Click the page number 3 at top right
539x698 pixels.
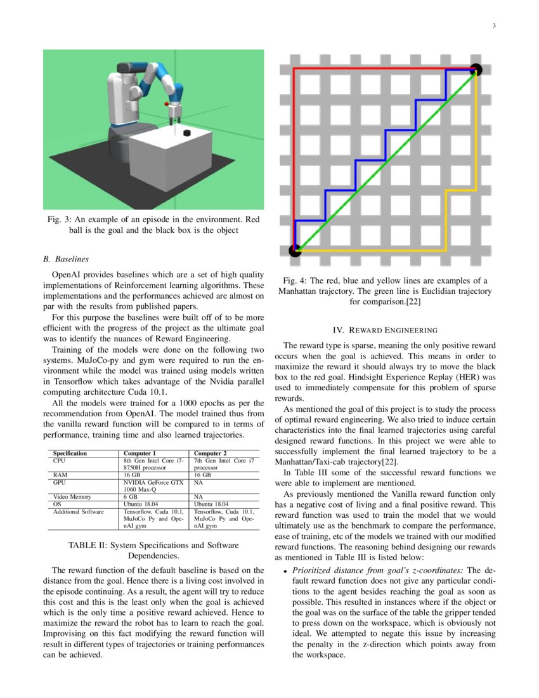(x=493, y=25)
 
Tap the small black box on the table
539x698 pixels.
(x=187, y=133)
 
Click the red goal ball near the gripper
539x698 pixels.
(x=166, y=103)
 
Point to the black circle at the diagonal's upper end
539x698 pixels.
(x=476, y=70)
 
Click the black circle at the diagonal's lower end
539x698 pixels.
(x=295, y=251)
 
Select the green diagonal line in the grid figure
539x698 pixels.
(x=386, y=160)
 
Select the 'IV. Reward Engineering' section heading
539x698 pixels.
(x=385, y=330)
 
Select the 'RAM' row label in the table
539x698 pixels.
(x=60, y=474)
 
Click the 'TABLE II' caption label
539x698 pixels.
(x=87, y=544)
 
